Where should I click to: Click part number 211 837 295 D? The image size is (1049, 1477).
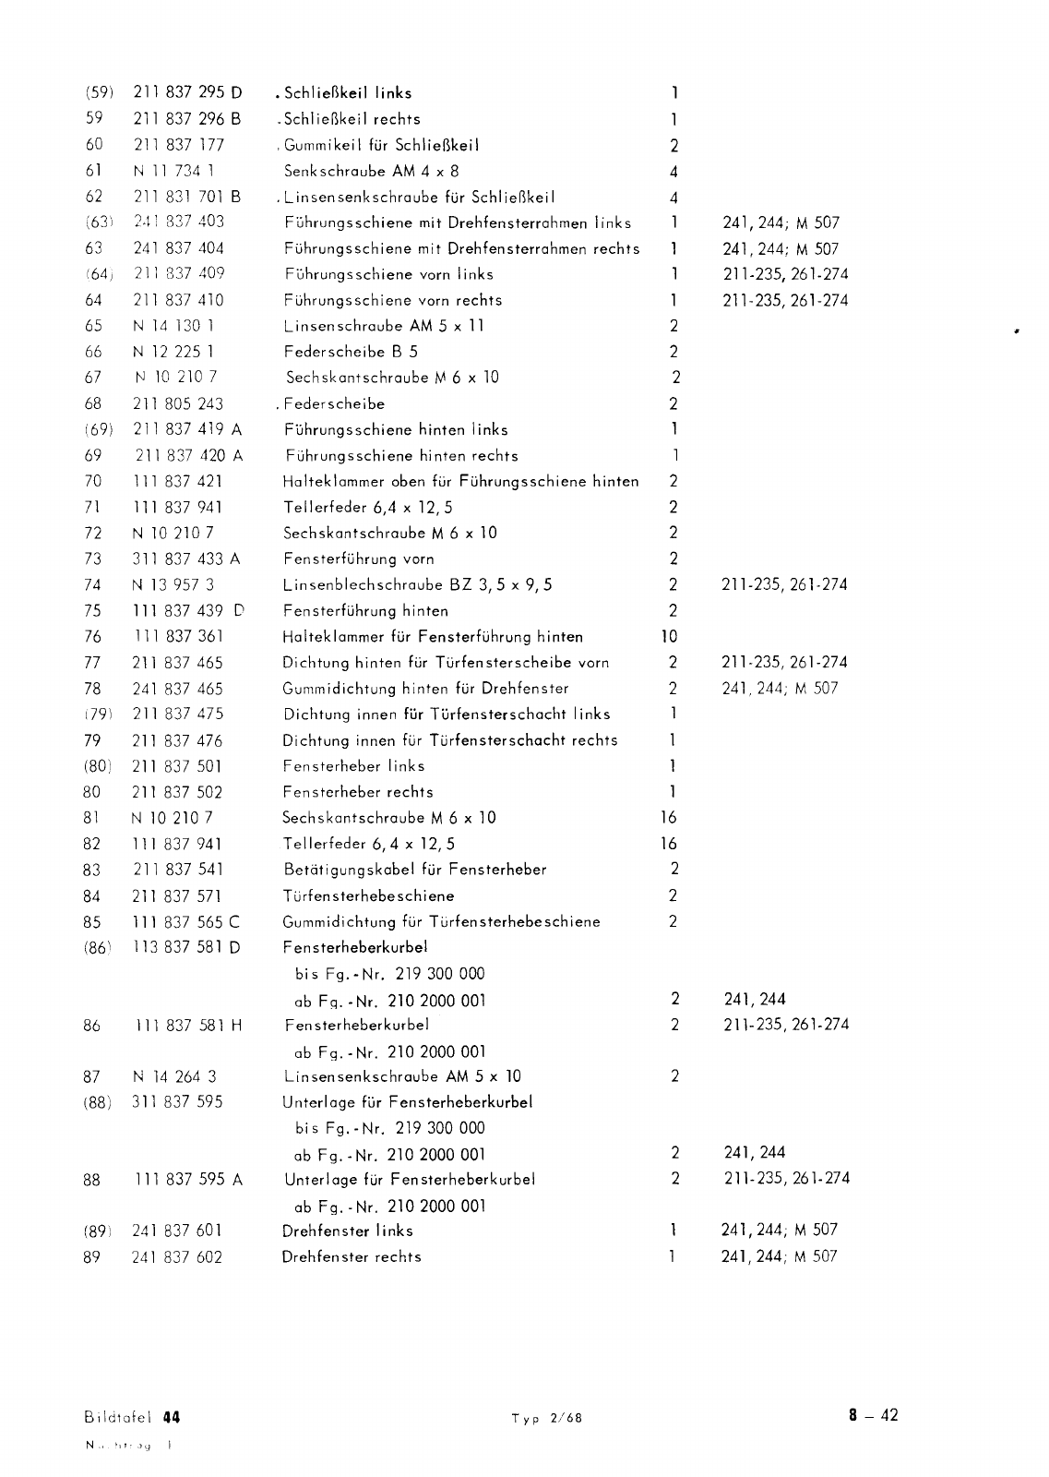click(188, 92)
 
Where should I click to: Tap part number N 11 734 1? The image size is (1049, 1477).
click(174, 171)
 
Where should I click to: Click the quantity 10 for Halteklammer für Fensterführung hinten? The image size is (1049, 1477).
click(669, 636)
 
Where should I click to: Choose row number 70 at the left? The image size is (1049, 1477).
click(93, 481)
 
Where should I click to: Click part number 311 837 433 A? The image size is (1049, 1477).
click(187, 558)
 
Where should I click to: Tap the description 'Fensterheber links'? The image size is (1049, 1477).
click(353, 766)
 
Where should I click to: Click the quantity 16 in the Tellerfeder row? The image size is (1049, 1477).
click(669, 844)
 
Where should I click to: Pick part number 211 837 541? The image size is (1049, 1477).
click(178, 870)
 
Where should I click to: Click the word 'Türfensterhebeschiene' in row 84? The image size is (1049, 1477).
click(368, 895)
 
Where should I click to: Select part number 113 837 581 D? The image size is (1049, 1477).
click(187, 947)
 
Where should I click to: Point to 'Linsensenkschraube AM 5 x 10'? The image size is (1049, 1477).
click(401, 1076)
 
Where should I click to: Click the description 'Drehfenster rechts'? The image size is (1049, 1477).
click(352, 1257)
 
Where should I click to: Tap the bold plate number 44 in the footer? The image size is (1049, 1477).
click(170, 1417)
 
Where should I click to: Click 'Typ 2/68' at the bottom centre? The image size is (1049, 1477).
click(547, 1419)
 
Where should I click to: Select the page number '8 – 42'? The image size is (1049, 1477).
click(874, 1416)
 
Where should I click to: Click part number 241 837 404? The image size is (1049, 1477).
click(179, 248)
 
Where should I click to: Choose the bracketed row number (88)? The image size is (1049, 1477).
click(98, 1102)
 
